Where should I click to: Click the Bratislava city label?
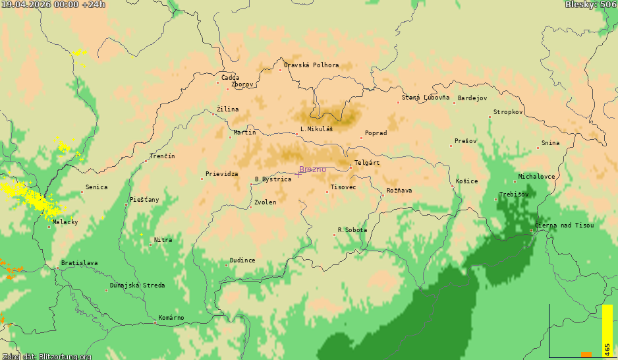(79, 263)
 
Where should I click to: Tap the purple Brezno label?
(312, 169)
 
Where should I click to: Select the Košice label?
(466, 181)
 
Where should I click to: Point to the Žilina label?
(228, 109)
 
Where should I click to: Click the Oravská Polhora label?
(311, 65)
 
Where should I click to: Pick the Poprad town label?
(376, 133)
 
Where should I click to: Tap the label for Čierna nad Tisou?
(564, 225)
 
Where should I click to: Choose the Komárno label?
(171, 318)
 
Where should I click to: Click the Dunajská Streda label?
(137, 285)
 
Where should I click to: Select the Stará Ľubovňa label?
(426, 98)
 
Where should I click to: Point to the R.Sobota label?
(352, 230)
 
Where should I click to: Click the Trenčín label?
(162, 156)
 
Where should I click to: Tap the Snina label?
(550, 143)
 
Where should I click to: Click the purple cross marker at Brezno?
(298, 173)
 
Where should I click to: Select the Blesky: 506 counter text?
(590, 5)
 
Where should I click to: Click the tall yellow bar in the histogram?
(607, 330)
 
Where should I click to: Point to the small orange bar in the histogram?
(586, 355)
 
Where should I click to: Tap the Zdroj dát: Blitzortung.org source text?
(46, 356)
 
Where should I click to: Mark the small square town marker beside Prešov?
(451, 146)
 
